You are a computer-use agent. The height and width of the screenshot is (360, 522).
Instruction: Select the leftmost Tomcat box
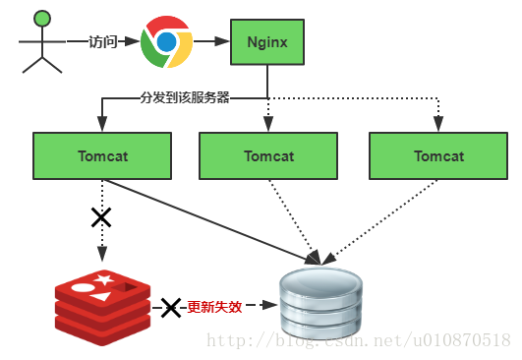tap(102, 155)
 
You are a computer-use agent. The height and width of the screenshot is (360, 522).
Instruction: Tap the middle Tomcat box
tap(268, 155)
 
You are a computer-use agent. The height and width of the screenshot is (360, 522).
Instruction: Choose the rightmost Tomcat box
tap(437, 155)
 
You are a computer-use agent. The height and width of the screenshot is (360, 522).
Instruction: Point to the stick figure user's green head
tap(40, 18)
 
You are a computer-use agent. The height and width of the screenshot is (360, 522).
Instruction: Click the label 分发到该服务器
tap(185, 98)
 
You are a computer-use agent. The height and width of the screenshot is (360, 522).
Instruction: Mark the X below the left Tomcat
tap(100, 217)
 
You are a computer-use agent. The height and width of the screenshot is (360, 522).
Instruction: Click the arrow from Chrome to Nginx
tap(208, 42)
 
